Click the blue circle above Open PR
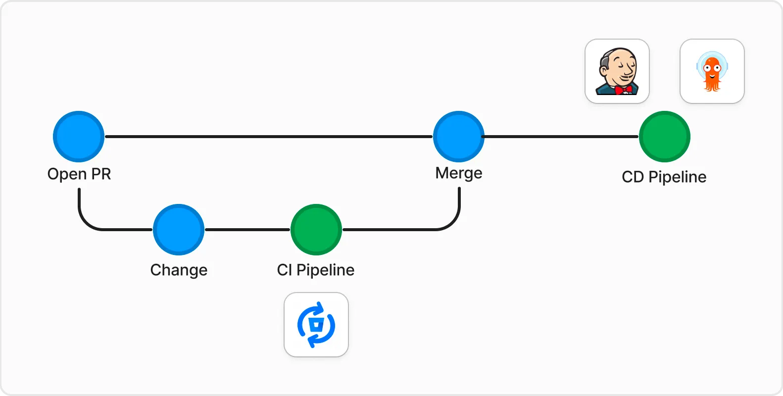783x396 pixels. (79, 137)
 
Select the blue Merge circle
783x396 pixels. (459, 137)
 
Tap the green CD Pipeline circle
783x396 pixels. (665, 137)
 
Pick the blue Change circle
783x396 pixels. (179, 230)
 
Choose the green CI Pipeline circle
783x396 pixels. (316, 230)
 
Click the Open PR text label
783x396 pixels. (79, 174)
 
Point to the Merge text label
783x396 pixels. (459, 173)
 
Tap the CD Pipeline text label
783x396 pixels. (664, 177)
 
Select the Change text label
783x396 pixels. (179, 270)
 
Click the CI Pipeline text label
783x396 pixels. (316, 270)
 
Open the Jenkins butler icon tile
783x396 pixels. (617, 71)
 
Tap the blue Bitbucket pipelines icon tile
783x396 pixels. (316, 325)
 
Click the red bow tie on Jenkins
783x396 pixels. (624, 90)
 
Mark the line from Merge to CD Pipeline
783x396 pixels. (561, 137)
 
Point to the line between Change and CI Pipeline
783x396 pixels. (247, 230)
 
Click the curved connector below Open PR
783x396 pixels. (86, 221)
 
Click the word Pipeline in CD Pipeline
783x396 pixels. (678, 177)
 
